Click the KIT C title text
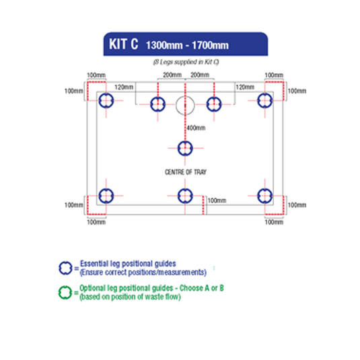pyautogui.click(x=124, y=44)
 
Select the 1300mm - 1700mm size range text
pyautogui.click(x=187, y=45)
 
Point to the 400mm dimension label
pyautogui.click(x=196, y=128)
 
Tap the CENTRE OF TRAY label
pyautogui.click(x=186, y=172)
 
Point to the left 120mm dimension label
pyautogui.click(x=124, y=87)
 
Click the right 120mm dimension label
pyautogui.click(x=245, y=87)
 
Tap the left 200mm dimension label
pyautogui.click(x=172, y=75)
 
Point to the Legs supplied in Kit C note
pyautogui.click(x=186, y=62)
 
